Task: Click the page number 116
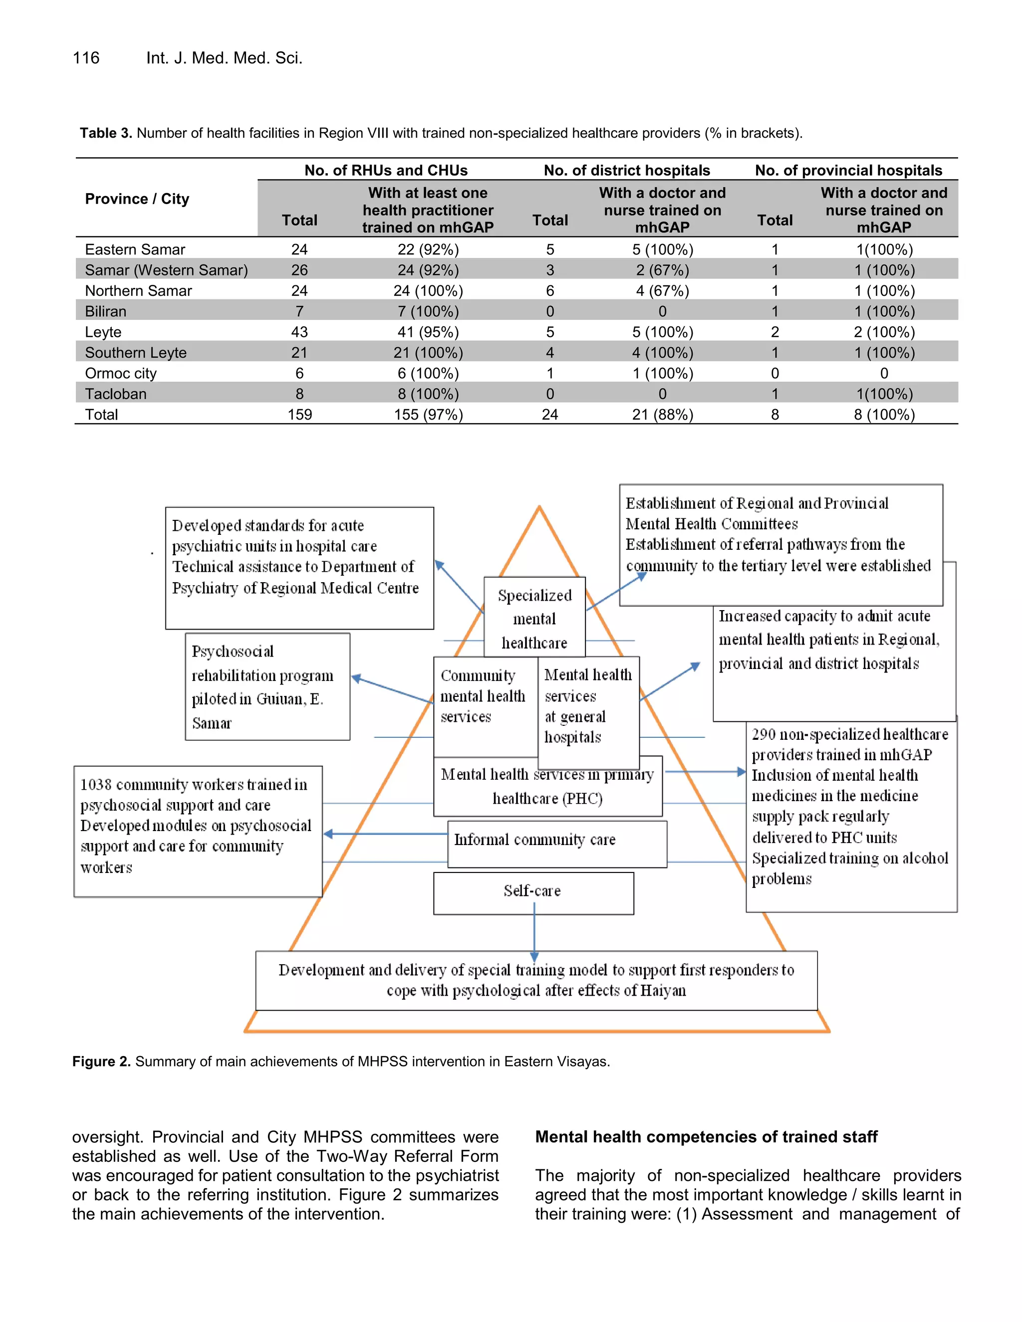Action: click(x=86, y=58)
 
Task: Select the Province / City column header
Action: click(x=137, y=199)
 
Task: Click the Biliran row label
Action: click(x=106, y=311)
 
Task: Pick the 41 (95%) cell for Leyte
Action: click(x=428, y=332)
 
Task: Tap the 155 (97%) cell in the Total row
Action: click(x=428, y=415)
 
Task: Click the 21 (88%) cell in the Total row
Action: click(x=662, y=415)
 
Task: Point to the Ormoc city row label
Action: click(x=120, y=374)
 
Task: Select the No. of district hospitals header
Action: click(x=627, y=170)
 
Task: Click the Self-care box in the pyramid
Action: click(x=533, y=891)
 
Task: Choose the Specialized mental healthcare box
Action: click(x=534, y=618)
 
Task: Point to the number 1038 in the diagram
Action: click(x=96, y=785)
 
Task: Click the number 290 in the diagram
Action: click(x=764, y=734)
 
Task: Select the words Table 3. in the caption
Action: click(x=105, y=133)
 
